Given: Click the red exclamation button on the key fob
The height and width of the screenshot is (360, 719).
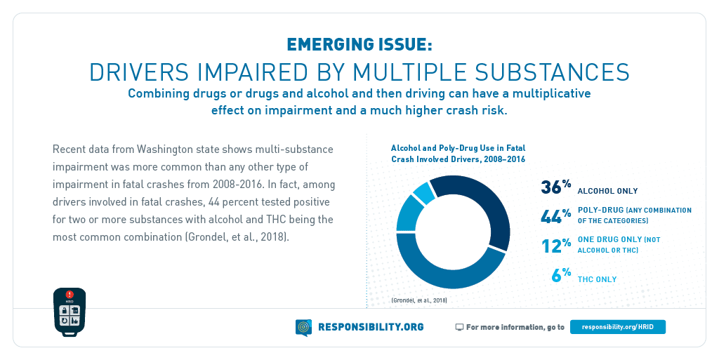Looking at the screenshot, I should point(70,295).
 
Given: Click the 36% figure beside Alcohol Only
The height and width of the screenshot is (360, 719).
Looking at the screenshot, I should point(555,188).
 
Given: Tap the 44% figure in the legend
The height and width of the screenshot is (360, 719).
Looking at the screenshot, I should point(555,216).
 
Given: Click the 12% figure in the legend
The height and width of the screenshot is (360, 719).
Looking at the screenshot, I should point(555,246).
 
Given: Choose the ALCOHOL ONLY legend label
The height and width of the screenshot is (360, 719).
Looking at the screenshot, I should point(607,191).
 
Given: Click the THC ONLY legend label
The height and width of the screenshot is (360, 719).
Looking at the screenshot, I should point(597,279).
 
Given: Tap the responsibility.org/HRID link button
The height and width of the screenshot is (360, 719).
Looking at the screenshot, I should point(617,327).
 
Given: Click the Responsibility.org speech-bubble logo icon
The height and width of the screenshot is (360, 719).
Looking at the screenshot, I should point(303,327).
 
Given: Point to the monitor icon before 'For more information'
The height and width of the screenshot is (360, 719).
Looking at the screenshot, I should point(459,327).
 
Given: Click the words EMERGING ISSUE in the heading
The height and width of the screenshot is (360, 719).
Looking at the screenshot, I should point(359,45).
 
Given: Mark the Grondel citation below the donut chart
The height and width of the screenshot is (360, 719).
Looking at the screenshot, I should point(419,300).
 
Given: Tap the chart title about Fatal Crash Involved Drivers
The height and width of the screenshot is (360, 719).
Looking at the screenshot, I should point(458,154).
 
